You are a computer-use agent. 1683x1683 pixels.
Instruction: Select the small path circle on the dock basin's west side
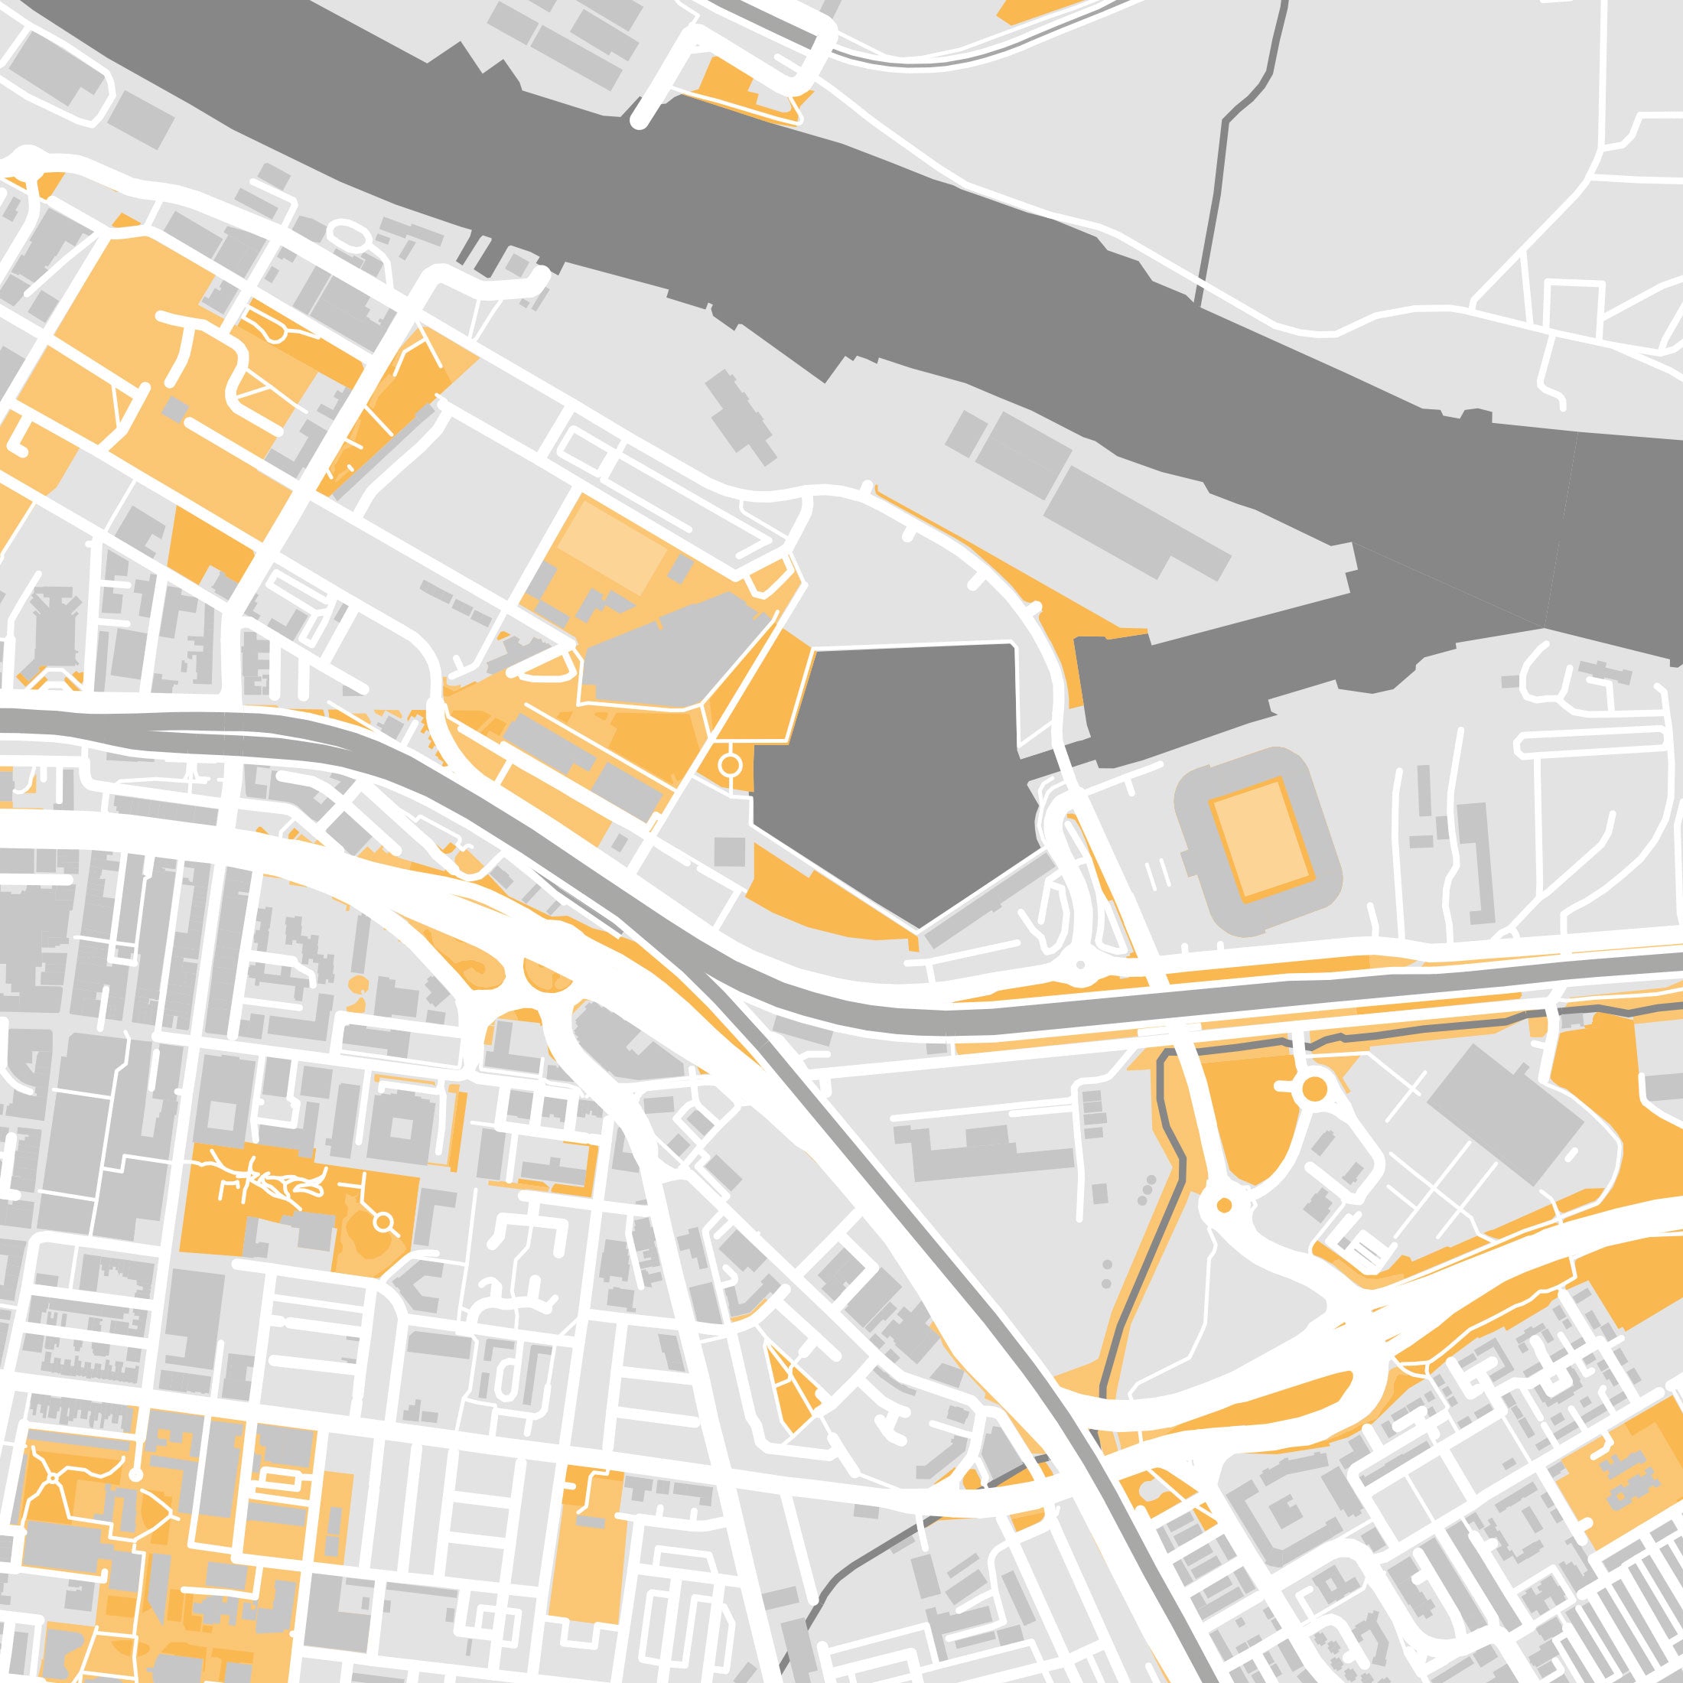(x=730, y=765)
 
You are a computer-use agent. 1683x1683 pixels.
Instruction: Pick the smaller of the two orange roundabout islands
(x=1224, y=1206)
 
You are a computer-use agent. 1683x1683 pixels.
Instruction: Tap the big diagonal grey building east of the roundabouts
(x=1507, y=1115)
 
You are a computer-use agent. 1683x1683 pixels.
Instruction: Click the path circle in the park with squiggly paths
(x=382, y=1224)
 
